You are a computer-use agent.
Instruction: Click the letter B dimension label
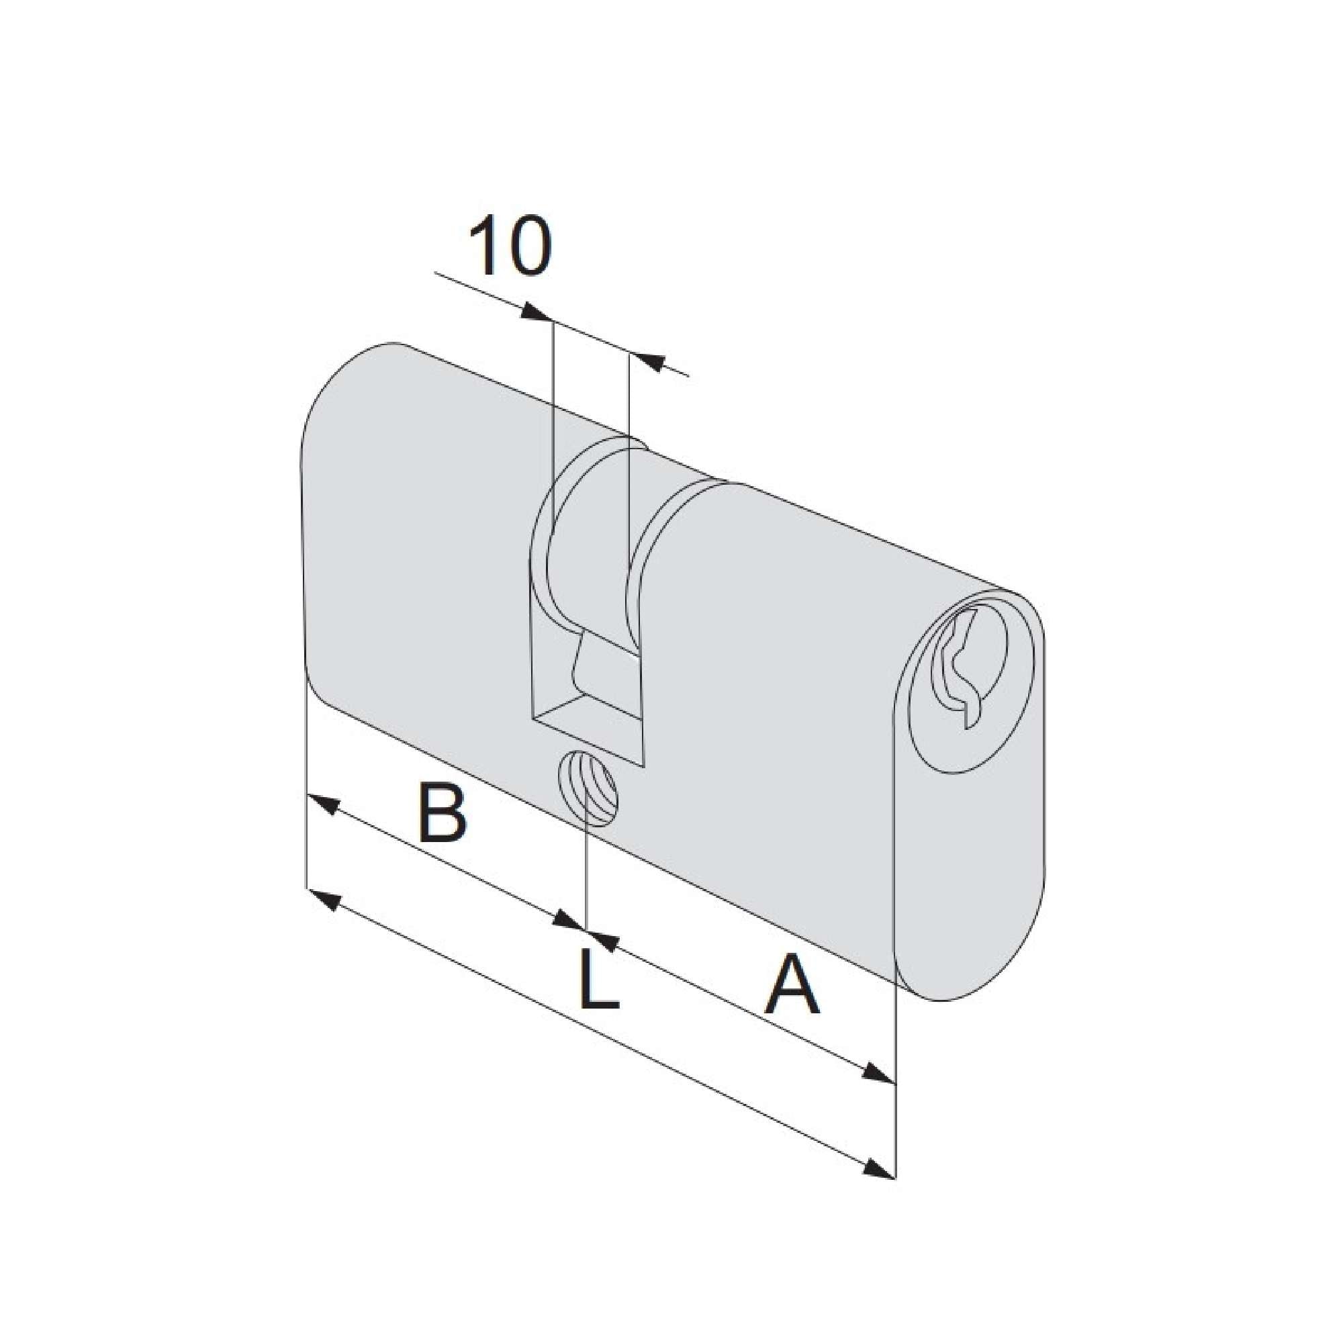tap(441, 812)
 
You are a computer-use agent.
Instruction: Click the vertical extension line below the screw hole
tap(588, 876)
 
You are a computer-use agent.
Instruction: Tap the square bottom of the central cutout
tap(588, 723)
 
